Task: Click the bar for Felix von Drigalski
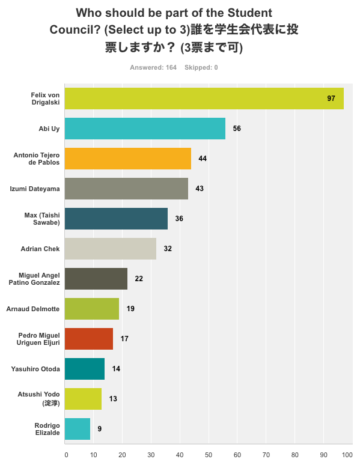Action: (204, 99)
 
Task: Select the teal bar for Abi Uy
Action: (145, 129)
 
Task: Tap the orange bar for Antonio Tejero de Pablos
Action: (128, 159)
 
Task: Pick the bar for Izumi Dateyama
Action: (126, 189)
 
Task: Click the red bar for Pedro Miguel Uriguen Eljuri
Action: (89, 339)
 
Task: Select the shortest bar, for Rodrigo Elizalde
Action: (78, 429)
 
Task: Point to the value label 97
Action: (331, 99)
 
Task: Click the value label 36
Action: (179, 219)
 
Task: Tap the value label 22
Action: (139, 279)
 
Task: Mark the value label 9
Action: (100, 429)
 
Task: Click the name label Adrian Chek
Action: (40, 249)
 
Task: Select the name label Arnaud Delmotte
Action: (33, 309)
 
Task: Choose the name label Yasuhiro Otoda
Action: (35, 369)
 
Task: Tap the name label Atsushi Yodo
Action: (38, 395)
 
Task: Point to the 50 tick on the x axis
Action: (209, 455)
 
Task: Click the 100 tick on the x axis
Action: (347, 455)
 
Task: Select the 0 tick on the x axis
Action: (66, 455)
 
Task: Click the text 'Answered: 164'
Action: (153, 67)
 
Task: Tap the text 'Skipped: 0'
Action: (201, 67)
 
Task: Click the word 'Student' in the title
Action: (250, 13)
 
